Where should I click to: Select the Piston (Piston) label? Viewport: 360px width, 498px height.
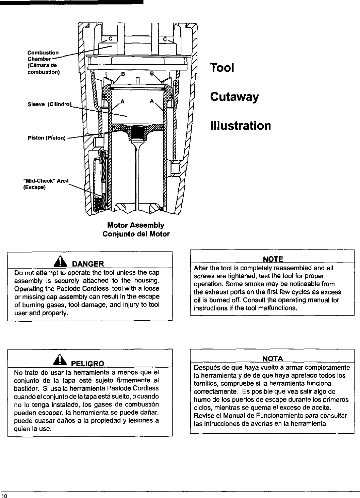pos(46,138)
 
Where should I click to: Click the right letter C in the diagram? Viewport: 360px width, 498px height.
pos(165,39)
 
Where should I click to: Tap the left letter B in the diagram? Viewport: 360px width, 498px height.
pos(124,74)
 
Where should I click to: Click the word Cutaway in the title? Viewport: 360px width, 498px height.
pos(234,97)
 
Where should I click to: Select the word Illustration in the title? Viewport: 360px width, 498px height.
pos(240,126)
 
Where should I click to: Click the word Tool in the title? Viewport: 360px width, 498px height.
pos(222,68)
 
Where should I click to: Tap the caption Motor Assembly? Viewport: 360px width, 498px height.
pos(136,225)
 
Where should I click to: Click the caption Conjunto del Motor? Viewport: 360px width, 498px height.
pos(136,234)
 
